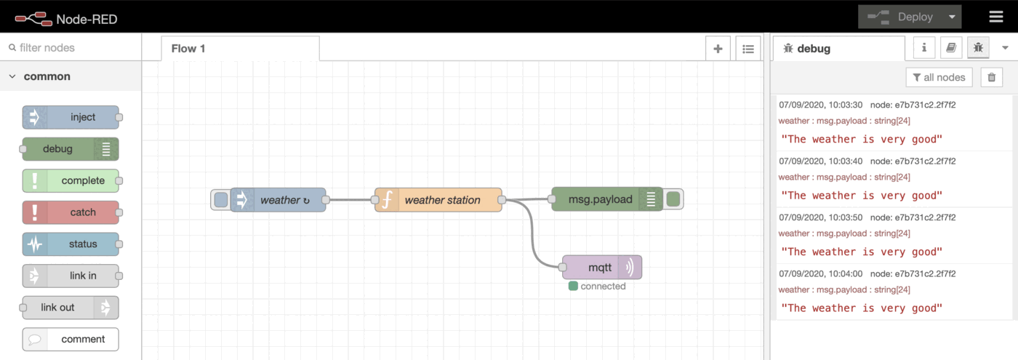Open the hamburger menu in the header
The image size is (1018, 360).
[995, 17]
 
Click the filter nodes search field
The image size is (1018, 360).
[73, 48]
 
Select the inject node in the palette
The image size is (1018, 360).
[71, 117]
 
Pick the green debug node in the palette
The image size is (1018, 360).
[70, 149]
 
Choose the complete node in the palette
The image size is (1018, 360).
[71, 180]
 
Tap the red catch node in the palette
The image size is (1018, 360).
[71, 212]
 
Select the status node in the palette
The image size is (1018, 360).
[71, 244]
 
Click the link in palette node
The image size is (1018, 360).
[71, 276]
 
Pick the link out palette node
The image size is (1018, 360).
[70, 308]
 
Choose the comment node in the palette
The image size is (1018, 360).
[71, 339]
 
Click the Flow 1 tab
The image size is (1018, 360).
[188, 49]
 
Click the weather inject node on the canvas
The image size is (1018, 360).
[279, 200]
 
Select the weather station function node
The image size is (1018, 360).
[439, 200]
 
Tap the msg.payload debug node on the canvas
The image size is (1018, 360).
[606, 199]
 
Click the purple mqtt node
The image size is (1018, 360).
[601, 268]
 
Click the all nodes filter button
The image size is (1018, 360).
[939, 77]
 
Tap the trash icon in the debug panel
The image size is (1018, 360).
[991, 77]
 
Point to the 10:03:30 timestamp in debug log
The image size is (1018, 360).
[820, 105]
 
